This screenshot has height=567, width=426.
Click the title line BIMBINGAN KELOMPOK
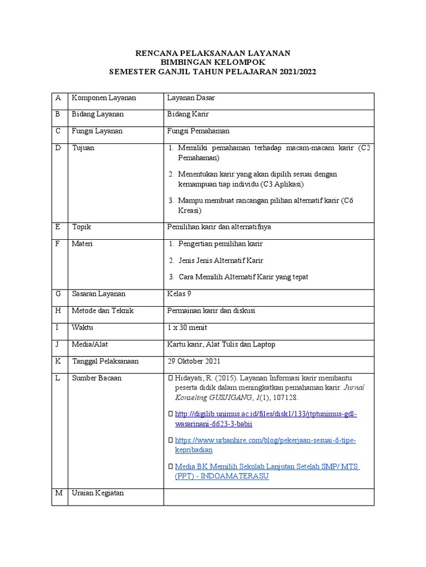[x=213, y=62]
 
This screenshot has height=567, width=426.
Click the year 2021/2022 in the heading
[x=296, y=71]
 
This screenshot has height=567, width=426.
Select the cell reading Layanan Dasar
[x=191, y=98]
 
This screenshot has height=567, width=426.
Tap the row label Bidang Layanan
[x=98, y=114]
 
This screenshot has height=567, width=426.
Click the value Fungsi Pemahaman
[x=198, y=131]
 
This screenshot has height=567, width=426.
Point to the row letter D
[x=57, y=148]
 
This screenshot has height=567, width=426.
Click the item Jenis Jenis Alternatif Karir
[x=220, y=260]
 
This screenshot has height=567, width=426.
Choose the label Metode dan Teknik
[x=103, y=311]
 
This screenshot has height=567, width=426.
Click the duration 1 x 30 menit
[x=187, y=327]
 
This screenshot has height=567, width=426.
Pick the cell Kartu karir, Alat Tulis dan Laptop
[x=221, y=344]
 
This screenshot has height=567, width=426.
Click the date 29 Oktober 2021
[x=194, y=361]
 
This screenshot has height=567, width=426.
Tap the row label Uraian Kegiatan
[x=98, y=493]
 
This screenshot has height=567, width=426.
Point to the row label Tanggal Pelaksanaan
[x=105, y=361]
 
